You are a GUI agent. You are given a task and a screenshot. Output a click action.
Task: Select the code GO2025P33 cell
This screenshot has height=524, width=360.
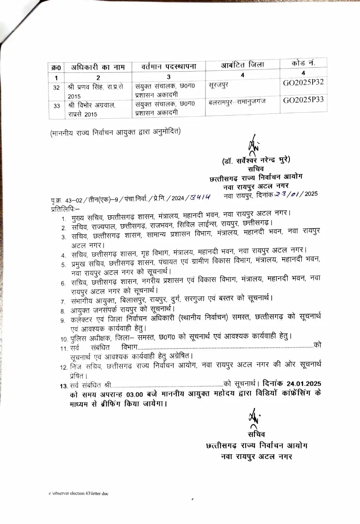click(x=303, y=100)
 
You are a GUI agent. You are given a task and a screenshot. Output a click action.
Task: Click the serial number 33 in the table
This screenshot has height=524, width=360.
click(x=57, y=106)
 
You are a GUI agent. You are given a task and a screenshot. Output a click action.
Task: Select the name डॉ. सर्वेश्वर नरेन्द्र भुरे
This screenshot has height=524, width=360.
click(x=256, y=160)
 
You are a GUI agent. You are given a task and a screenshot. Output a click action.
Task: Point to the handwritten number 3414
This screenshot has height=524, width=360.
click(x=200, y=196)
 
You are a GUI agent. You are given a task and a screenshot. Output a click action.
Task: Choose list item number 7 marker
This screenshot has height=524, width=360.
click(x=63, y=301)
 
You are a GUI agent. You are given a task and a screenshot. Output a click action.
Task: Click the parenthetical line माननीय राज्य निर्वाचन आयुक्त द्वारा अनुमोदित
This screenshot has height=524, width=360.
click(x=115, y=131)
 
